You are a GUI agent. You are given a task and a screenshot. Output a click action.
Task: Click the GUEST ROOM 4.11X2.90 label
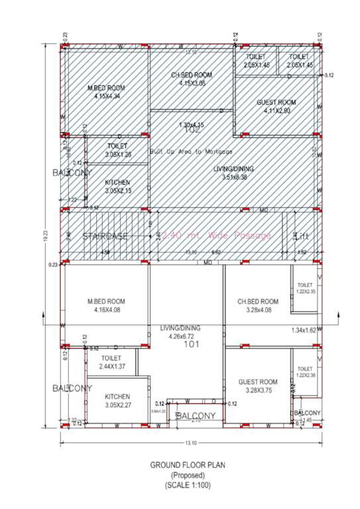click(x=276, y=107)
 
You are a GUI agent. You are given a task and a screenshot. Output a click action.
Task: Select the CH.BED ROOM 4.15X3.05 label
click(x=192, y=79)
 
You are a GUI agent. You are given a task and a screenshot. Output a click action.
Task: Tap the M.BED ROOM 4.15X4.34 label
click(x=107, y=92)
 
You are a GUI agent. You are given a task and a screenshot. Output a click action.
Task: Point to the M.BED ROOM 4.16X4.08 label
click(x=106, y=306)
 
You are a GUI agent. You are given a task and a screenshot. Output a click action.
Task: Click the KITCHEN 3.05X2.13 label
click(x=118, y=186)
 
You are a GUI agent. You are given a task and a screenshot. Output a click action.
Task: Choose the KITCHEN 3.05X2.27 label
click(x=118, y=401)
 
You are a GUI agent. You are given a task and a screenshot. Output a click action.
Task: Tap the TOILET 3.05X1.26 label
click(x=117, y=150)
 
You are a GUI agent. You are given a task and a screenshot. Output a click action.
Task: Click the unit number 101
click(x=192, y=345)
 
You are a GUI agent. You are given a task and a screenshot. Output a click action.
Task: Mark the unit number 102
click(x=192, y=131)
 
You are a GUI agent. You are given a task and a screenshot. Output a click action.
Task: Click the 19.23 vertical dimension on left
click(x=45, y=239)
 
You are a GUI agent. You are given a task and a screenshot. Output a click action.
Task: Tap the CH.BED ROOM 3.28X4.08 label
click(x=258, y=306)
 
